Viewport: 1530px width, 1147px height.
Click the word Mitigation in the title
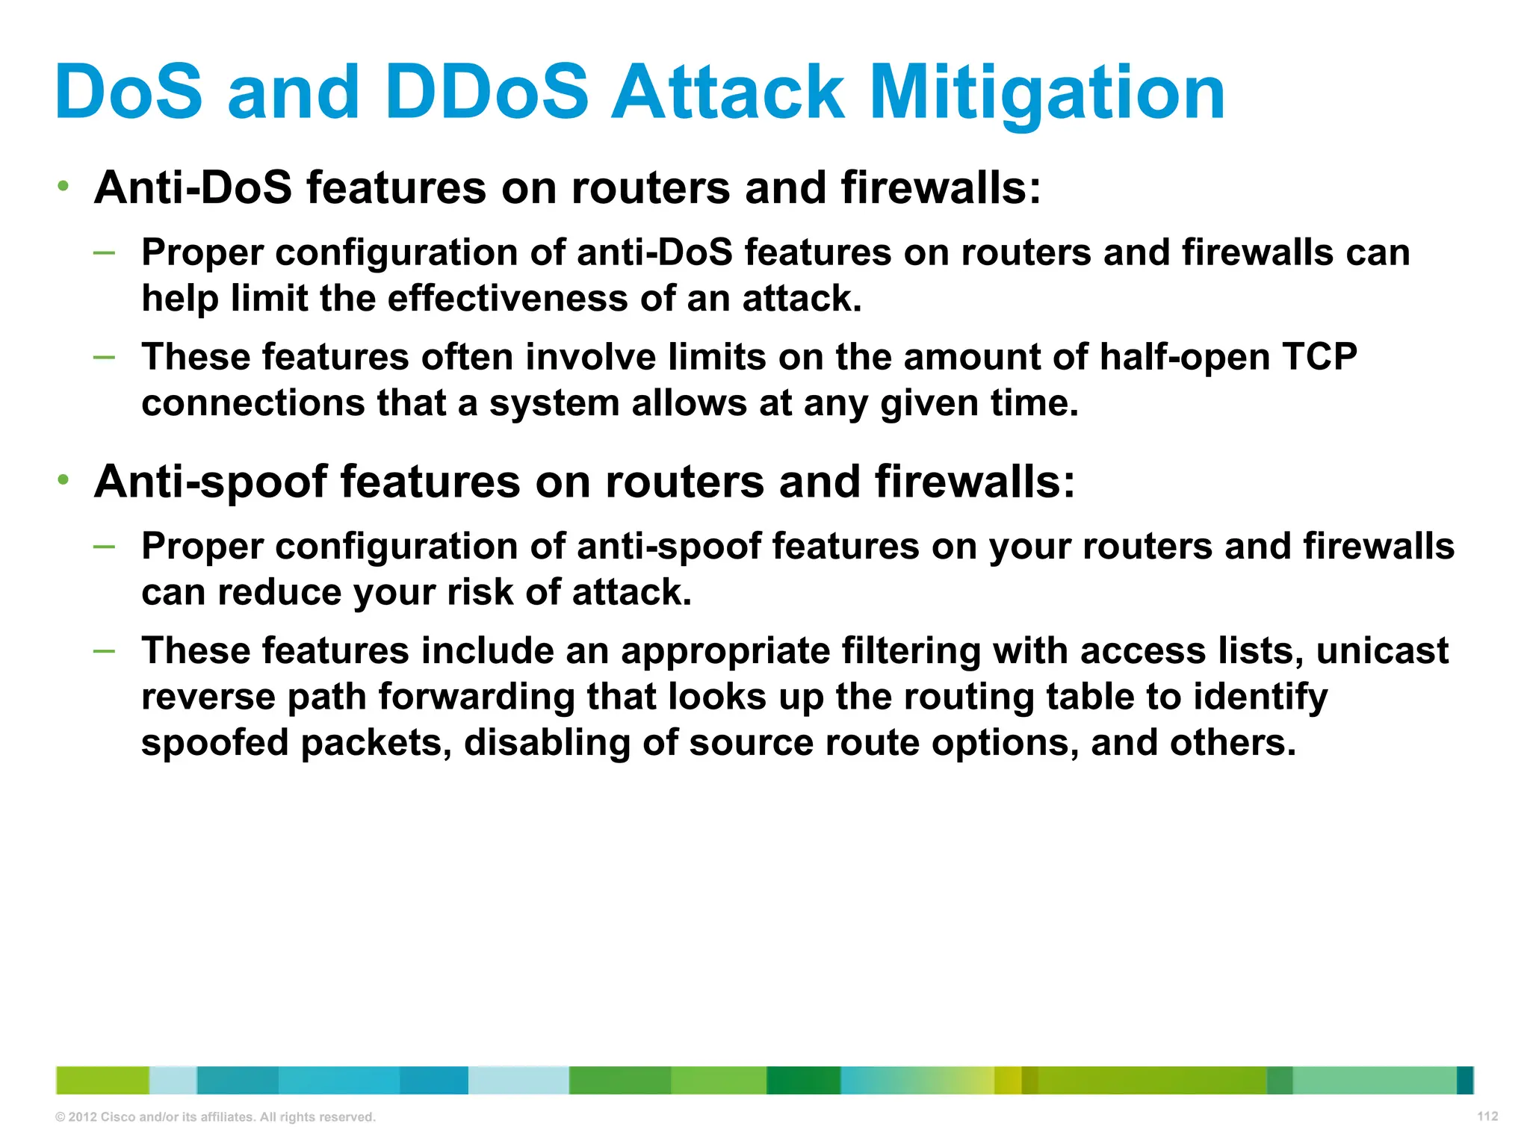point(1047,93)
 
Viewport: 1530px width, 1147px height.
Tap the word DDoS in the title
point(487,93)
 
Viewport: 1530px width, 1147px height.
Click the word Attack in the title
point(728,93)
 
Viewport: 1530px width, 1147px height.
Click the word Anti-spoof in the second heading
point(211,482)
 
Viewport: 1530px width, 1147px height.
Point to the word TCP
point(1319,356)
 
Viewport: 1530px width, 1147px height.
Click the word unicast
point(1382,650)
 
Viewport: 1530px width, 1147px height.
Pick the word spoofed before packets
point(214,743)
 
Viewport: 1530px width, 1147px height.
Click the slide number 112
point(1487,1116)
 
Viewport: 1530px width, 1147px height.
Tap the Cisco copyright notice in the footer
point(215,1117)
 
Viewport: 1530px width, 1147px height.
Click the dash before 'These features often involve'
point(105,357)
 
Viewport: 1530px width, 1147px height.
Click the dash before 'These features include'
point(105,651)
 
